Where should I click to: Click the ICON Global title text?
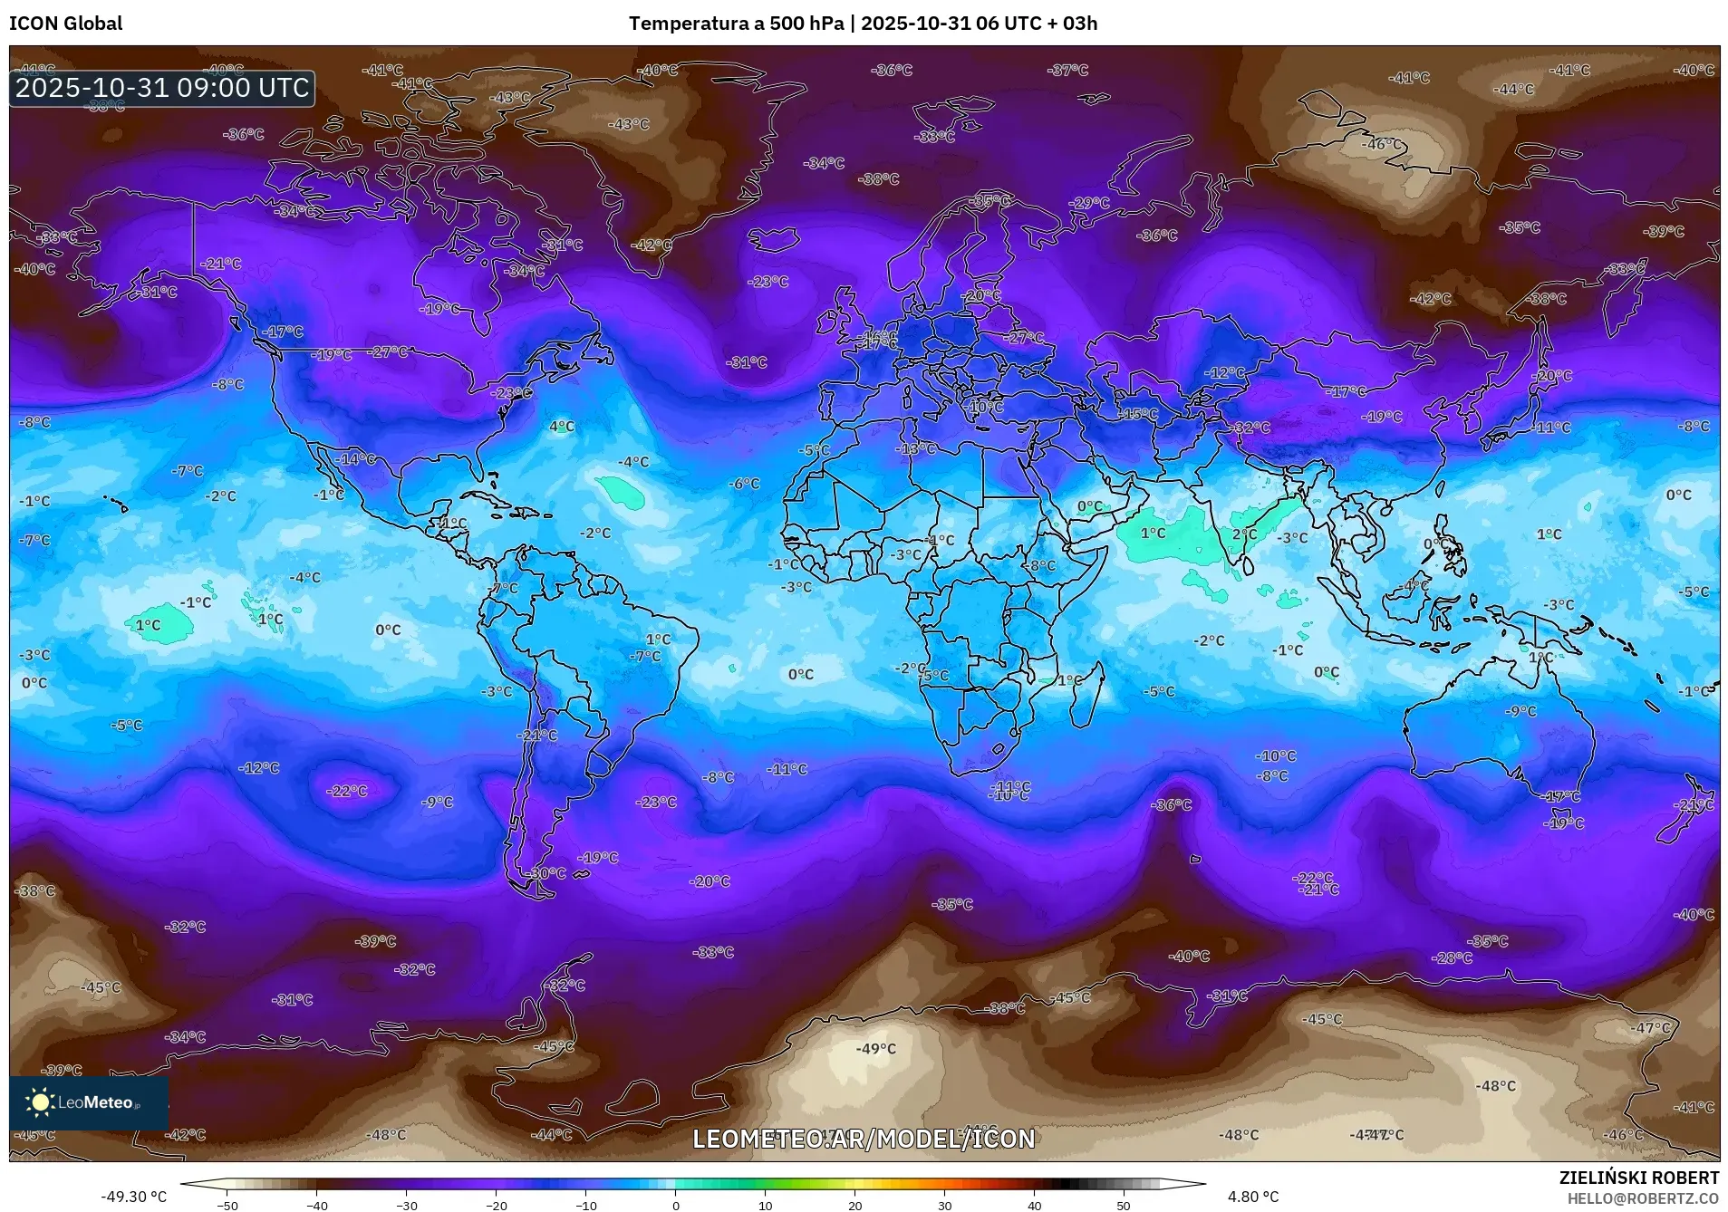tap(65, 24)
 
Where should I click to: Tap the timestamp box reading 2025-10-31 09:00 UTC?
tap(162, 88)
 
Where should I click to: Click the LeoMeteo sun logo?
tap(40, 1101)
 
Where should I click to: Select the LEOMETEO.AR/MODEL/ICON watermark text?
tap(864, 1139)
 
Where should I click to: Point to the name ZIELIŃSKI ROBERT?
tap(1638, 1178)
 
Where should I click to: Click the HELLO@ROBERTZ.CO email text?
tap(1642, 1198)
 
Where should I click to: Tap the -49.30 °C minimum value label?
tap(134, 1197)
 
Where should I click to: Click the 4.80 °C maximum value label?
tap(1252, 1197)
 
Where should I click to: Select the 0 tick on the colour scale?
tap(675, 1205)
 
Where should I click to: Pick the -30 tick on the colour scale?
tap(406, 1205)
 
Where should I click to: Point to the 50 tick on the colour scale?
tap(1123, 1205)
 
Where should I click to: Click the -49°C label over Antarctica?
tap(875, 1049)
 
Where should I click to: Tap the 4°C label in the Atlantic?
tap(562, 427)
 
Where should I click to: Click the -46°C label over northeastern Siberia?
tap(1382, 144)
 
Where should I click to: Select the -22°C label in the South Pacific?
tap(347, 791)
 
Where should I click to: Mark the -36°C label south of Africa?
tap(1171, 804)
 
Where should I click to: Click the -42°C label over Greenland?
tap(652, 245)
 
